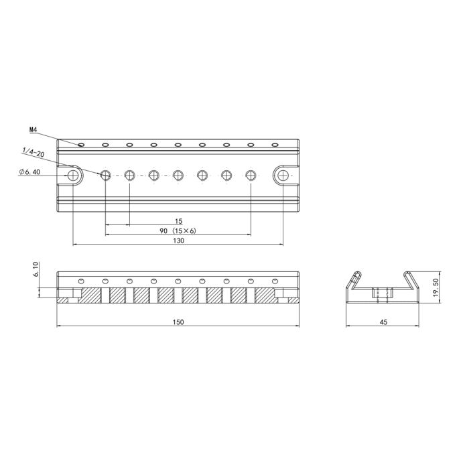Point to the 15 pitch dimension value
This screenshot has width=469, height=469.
pos(178,220)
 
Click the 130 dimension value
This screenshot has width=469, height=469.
pos(178,242)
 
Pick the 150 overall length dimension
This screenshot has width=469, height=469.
pos(178,322)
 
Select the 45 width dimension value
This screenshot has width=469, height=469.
pos(383,322)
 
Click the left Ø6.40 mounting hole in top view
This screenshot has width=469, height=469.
pos(74,175)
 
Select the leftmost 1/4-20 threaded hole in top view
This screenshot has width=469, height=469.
pos(105,175)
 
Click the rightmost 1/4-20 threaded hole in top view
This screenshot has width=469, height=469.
pos(251,175)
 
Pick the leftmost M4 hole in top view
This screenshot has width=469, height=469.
pos(81,144)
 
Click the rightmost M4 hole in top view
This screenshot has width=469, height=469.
pos(274,144)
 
